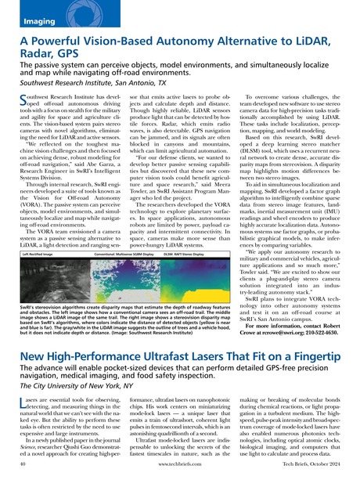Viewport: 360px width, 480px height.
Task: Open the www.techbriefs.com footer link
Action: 179,471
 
